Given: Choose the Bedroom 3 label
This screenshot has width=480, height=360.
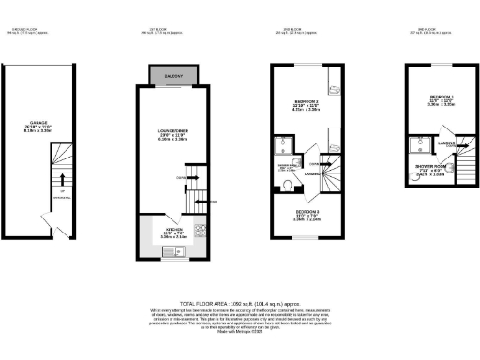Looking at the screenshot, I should click(307, 213).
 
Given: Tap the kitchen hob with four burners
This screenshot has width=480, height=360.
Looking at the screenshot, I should click(200, 231).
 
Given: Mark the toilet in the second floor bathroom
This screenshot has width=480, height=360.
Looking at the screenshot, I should click(284, 185).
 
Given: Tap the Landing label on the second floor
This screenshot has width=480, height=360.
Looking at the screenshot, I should click(312, 172).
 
